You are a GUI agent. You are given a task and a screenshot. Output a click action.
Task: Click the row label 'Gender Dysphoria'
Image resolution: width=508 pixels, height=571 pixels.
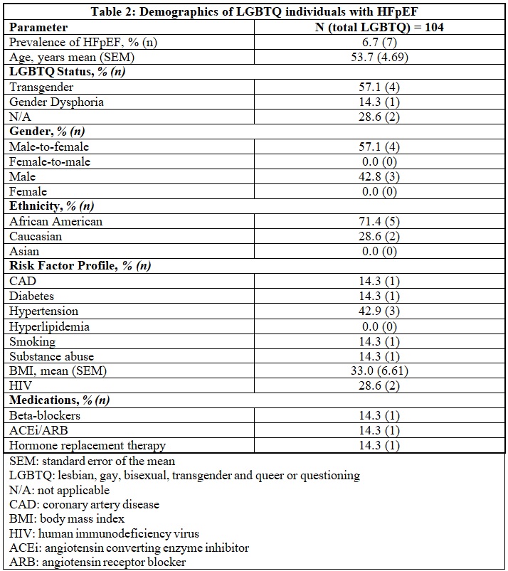56,102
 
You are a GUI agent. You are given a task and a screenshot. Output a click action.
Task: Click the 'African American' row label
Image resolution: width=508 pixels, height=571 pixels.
56,221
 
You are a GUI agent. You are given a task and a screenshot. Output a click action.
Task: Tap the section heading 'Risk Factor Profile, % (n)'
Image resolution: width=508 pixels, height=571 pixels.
80,266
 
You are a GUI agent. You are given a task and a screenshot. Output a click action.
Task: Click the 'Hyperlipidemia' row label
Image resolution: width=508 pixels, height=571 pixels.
50,326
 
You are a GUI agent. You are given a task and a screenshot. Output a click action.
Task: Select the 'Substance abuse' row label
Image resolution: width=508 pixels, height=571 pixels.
51,356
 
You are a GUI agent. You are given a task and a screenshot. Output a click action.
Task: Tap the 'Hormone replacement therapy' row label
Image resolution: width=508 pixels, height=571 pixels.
88,445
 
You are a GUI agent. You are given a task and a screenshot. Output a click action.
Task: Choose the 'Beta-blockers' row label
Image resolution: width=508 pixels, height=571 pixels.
45,415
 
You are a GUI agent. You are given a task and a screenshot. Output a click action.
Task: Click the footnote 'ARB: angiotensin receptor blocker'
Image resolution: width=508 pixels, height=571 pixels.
97,562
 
